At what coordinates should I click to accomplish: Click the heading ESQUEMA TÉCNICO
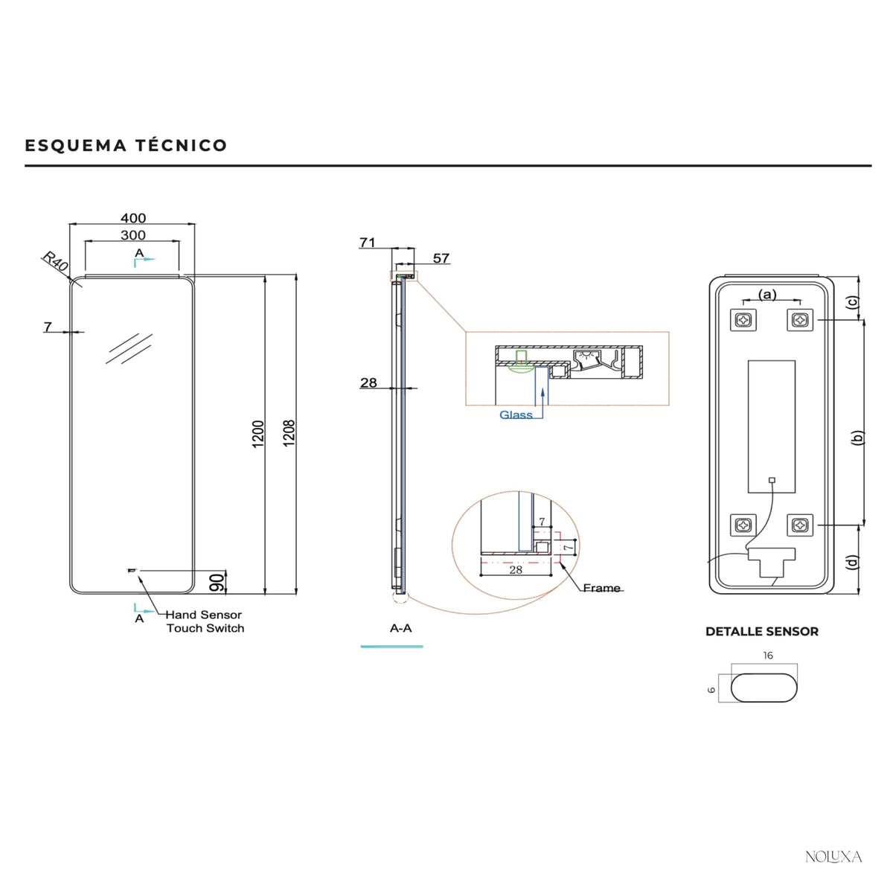(126, 146)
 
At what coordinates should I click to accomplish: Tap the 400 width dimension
(133, 218)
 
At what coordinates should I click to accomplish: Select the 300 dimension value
(133, 235)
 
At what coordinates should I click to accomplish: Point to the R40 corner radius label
(55, 262)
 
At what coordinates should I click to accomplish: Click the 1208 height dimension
(289, 433)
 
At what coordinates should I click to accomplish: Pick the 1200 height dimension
(257, 434)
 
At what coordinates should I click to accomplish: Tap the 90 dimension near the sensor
(217, 583)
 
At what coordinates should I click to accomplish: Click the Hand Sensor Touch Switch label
(205, 621)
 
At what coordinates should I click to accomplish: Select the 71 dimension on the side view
(367, 243)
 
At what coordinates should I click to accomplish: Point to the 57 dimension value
(441, 258)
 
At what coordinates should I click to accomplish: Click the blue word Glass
(516, 415)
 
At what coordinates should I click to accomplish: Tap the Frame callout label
(601, 588)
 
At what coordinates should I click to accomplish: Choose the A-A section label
(401, 628)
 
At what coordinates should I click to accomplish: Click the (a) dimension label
(767, 294)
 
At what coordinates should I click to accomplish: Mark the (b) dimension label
(857, 438)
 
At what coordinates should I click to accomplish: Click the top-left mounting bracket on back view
(743, 320)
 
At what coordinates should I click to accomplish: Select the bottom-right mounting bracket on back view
(800, 525)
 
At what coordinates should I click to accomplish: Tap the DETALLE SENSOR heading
(762, 632)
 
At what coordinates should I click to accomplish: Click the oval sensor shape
(764, 688)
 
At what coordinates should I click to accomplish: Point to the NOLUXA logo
(833, 857)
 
